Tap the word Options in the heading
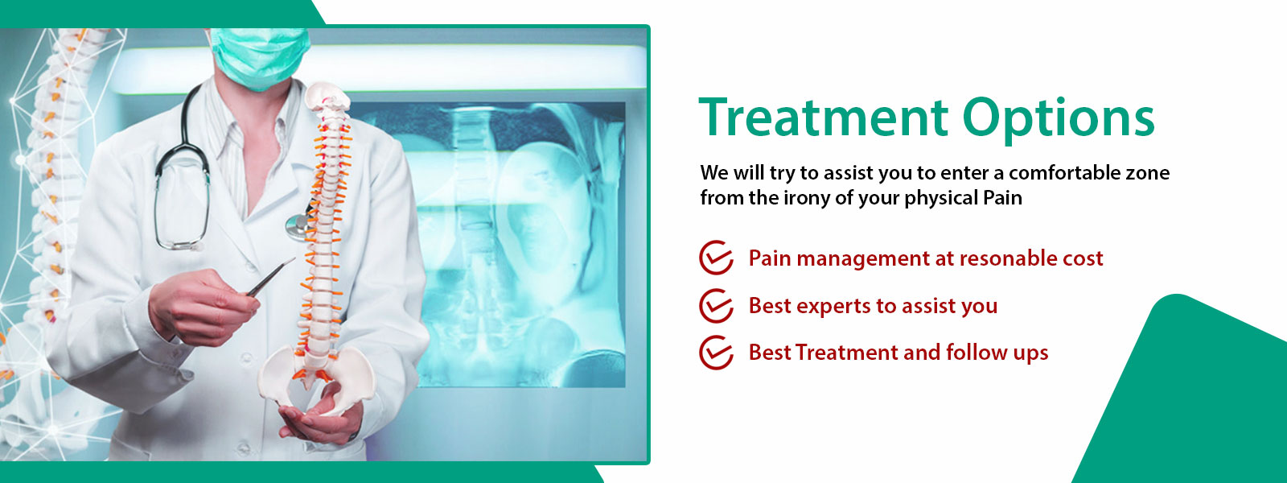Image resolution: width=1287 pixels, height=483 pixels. pyautogui.click(x=1059, y=121)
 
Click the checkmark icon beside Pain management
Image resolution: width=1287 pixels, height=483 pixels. pyautogui.click(x=716, y=257)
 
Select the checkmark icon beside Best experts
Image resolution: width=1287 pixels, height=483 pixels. pyautogui.click(x=716, y=305)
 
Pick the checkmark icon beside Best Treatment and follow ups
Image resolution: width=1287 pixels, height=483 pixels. pyautogui.click(x=716, y=353)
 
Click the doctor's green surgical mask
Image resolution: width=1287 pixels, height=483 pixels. pyautogui.click(x=260, y=57)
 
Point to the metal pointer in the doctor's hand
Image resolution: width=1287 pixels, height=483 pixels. pyautogui.click(x=270, y=277)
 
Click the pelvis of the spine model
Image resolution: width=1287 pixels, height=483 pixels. pyautogui.click(x=316, y=377)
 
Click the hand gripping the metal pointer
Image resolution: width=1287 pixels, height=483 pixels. pyautogui.click(x=201, y=307)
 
